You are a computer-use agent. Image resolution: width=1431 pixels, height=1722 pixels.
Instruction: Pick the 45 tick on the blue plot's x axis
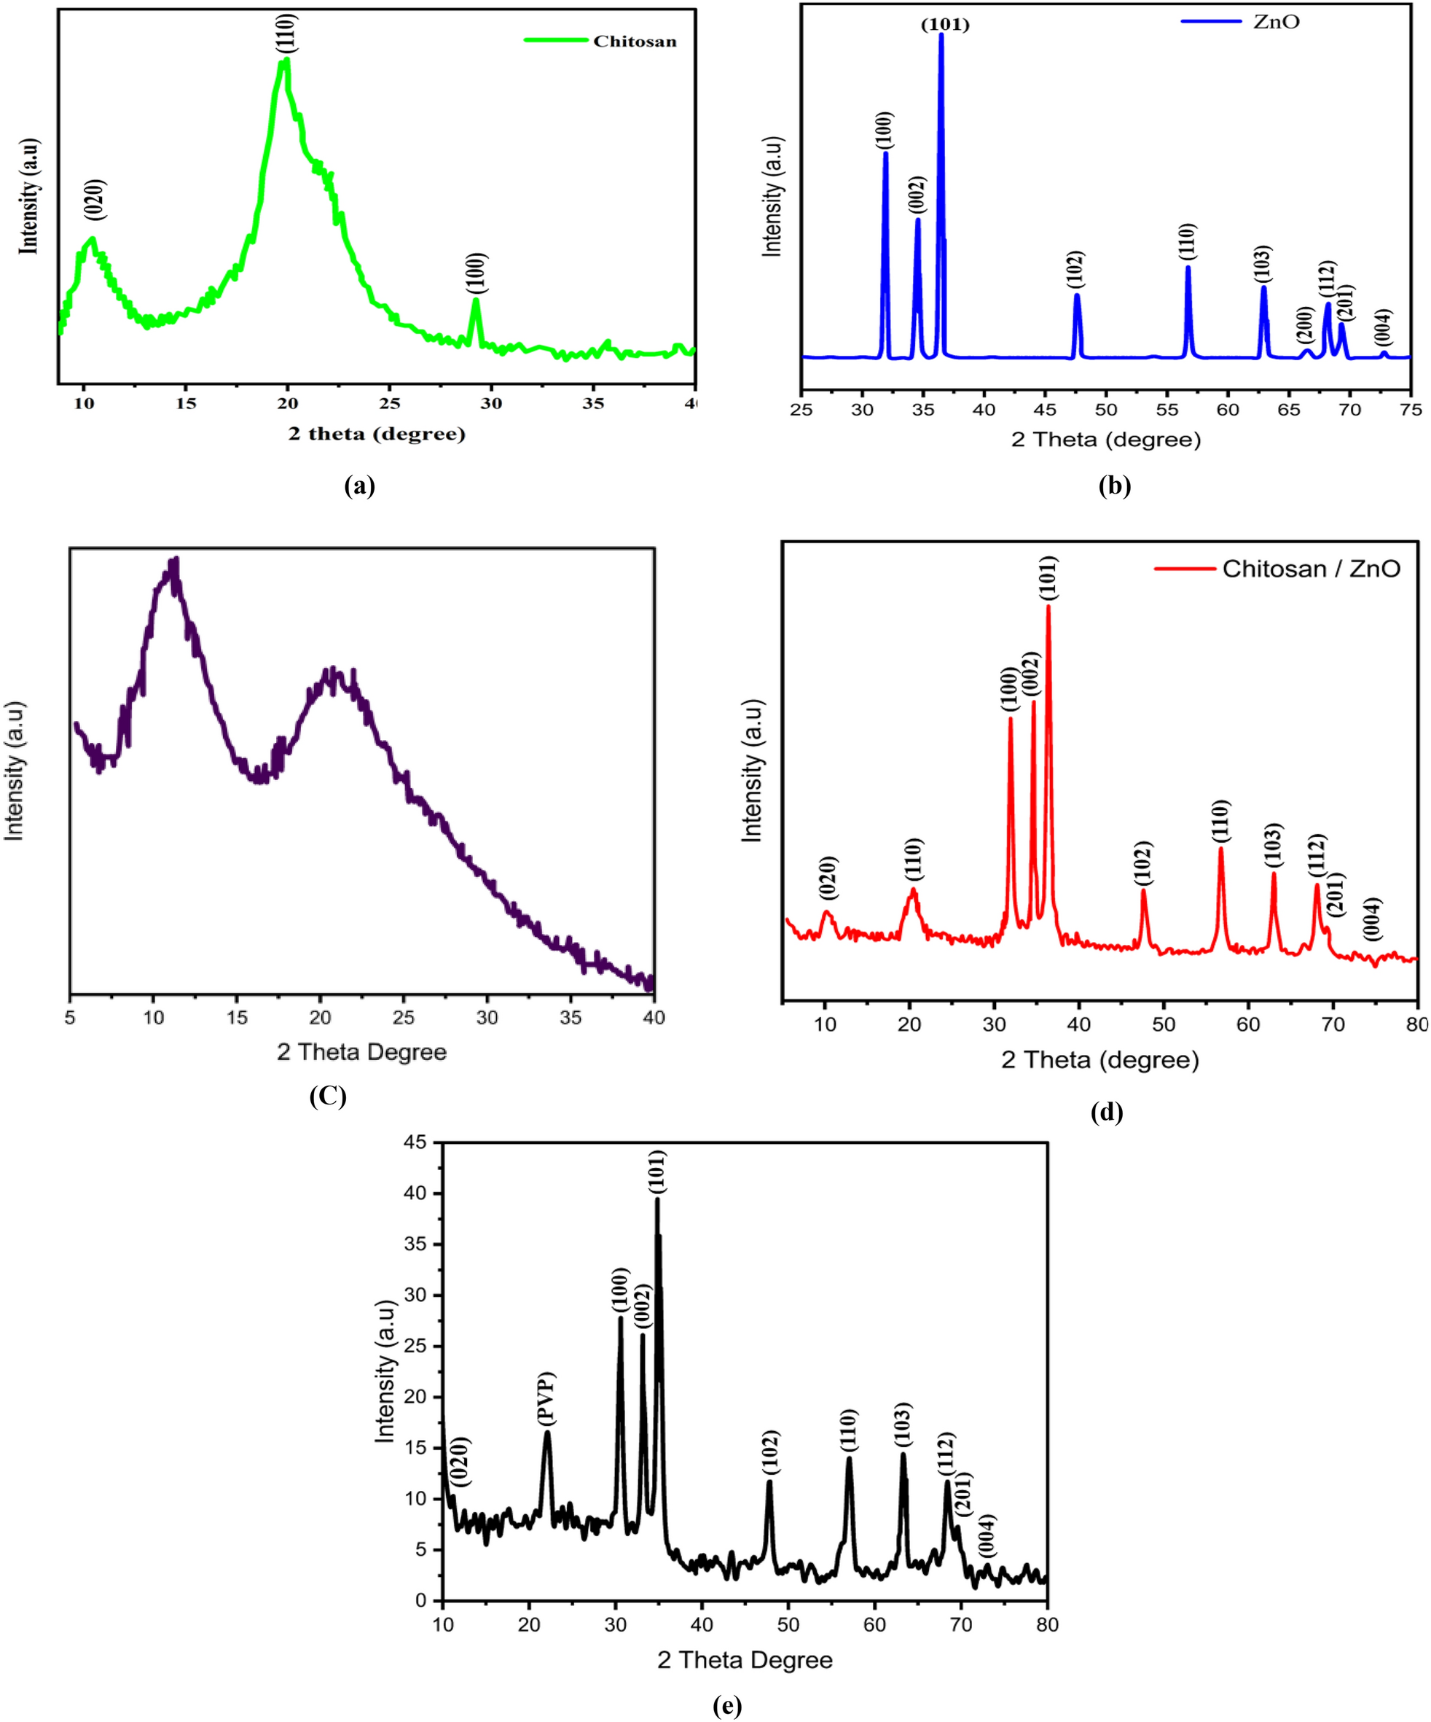(1045, 410)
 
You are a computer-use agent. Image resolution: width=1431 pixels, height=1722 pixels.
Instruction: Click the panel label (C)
(327, 1096)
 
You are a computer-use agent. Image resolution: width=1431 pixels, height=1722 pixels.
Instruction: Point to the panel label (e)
(727, 1707)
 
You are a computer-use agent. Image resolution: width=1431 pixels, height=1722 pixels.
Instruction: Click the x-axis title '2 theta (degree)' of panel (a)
(376, 434)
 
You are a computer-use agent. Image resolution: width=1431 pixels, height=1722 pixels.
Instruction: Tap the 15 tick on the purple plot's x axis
(236, 1018)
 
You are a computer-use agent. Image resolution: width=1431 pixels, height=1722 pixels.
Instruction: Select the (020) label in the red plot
(828, 878)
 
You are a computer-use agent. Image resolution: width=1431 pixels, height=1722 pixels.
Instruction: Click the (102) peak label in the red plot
(1143, 863)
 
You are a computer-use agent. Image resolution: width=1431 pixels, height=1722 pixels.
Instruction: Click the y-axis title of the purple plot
(14, 771)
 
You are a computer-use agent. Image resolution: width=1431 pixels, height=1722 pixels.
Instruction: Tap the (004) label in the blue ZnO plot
(1384, 327)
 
